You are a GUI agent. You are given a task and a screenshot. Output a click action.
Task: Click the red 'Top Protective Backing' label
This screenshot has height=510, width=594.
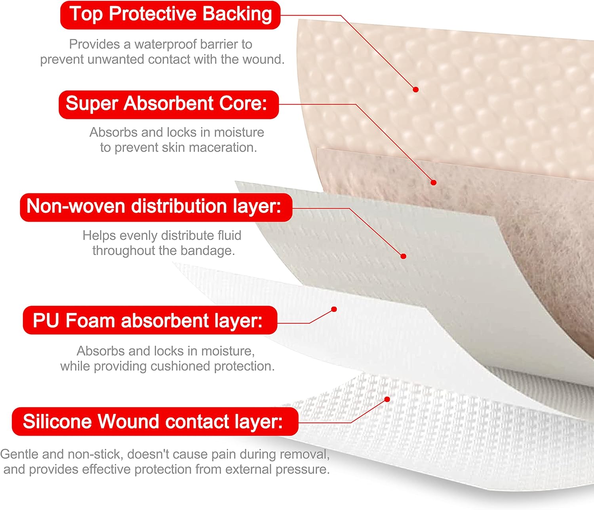(x=170, y=15)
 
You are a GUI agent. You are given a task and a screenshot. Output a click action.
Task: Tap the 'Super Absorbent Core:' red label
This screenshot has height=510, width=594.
(x=169, y=104)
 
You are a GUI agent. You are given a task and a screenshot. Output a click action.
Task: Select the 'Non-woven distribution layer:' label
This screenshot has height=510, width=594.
(x=156, y=207)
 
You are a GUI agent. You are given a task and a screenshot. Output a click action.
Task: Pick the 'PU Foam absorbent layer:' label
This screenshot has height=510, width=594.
(x=150, y=320)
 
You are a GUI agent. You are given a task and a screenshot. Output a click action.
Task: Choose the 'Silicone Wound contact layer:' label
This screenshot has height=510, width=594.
(x=155, y=421)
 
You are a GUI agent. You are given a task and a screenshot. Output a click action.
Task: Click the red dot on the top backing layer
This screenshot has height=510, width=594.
(x=416, y=89)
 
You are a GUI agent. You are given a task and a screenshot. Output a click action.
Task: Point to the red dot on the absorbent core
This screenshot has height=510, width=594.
(x=434, y=183)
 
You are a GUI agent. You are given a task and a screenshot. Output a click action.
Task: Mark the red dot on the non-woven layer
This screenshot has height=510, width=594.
(x=404, y=256)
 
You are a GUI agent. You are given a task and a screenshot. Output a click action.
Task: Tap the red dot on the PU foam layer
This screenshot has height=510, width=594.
(x=334, y=309)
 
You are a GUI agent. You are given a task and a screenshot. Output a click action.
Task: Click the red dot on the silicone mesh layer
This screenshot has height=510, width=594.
(x=387, y=399)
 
